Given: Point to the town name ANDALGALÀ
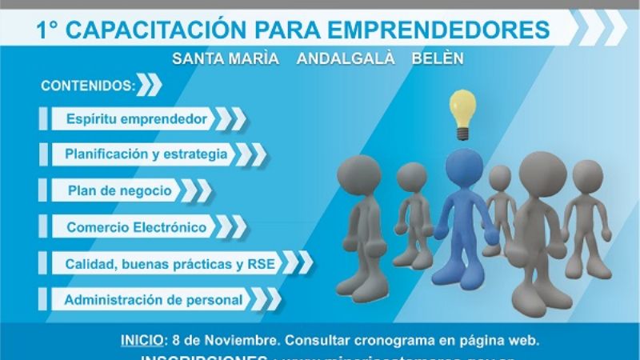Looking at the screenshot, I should pyautogui.click(x=345, y=60).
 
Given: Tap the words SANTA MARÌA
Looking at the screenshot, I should pyautogui.click(x=226, y=60).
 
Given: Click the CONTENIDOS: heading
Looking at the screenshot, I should pyautogui.click(x=86, y=85).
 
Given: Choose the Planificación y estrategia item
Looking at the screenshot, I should pyautogui.click(x=146, y=154).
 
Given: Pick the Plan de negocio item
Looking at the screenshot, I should pyautogui.click(x=119, y=190).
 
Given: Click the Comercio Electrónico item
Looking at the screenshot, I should pyautogui.click(x=137, y=227).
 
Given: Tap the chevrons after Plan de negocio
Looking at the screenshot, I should pyautogui.click(x=194, y=190).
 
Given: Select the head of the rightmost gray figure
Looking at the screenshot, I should pyautogui.click(x=587, y=176).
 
